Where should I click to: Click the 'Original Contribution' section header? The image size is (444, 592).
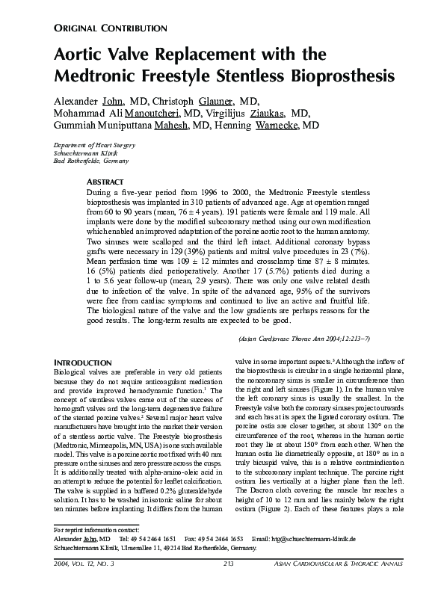pos(110,28)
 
